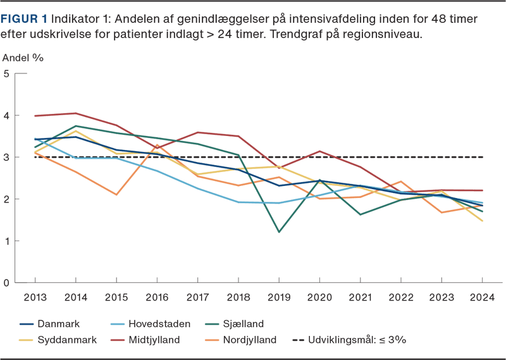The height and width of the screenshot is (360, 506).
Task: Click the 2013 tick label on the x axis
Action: [x=35, y=297]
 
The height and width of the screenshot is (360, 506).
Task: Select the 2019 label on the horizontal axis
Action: [x=279, y=297]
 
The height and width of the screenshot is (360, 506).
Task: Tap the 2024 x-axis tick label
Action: [x=482, y=297]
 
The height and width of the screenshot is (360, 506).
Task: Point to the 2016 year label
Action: [x=157, y=297]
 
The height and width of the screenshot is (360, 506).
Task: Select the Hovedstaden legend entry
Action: [x=158, y=324]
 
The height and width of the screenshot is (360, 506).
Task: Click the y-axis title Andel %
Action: [x=23, y=58]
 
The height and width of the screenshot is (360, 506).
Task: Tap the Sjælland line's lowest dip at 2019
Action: [x=279, y=232]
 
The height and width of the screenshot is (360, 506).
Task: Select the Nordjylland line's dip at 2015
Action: [x=116, y=195]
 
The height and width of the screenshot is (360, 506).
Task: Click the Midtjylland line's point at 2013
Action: [x=35, y=116]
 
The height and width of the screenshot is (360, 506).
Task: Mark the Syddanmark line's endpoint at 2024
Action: [x=482, y=221]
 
